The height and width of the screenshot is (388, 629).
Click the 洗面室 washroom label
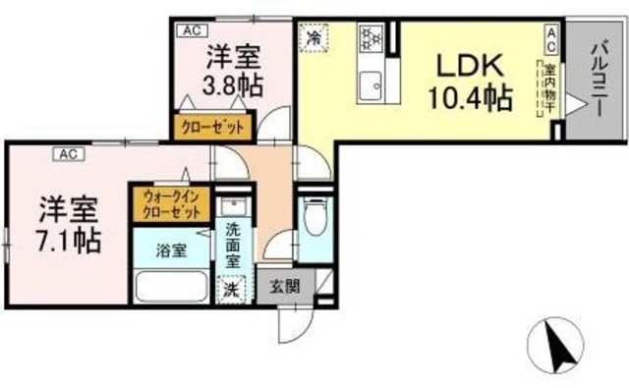[x=233, y=246]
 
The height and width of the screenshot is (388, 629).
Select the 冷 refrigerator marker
[x=315, y=38]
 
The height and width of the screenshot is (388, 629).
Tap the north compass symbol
[x=557, y=347]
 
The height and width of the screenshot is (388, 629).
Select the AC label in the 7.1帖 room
[x=69, y=153]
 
